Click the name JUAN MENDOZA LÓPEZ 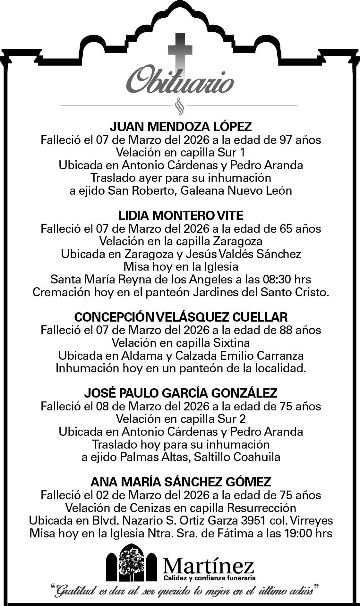coord(181,127)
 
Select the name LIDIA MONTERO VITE coord(181,216)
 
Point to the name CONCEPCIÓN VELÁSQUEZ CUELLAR coord(181,317)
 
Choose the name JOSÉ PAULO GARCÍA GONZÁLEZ coord(181,393)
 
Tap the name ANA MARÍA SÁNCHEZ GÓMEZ coord(181,482)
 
